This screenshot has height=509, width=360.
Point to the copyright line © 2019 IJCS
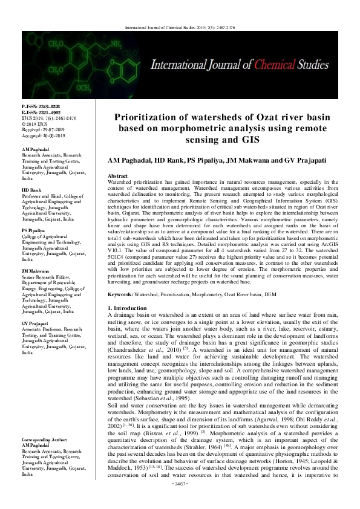(34, 123)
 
